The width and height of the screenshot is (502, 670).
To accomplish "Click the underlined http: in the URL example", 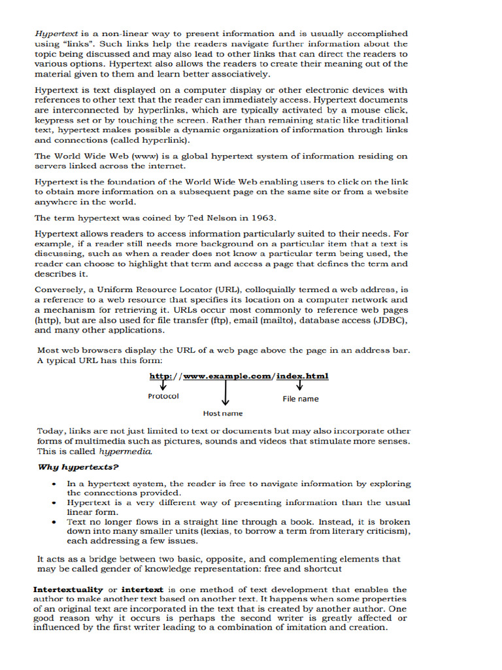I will (x=161, y=376).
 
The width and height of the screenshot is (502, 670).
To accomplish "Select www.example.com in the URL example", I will (x=227, y=376).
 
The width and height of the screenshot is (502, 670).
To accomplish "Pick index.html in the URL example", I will (x=301, y=376).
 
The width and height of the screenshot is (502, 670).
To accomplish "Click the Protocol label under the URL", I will (x=163, y=396).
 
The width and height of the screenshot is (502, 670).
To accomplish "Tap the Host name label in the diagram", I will (x=222, y=413).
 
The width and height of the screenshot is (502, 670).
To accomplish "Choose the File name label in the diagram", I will (x=301, y=398).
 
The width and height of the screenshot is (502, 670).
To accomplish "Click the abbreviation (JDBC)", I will (x=388, y=321).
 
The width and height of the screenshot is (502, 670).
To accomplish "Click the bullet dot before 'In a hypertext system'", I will (x=54, y=484).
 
